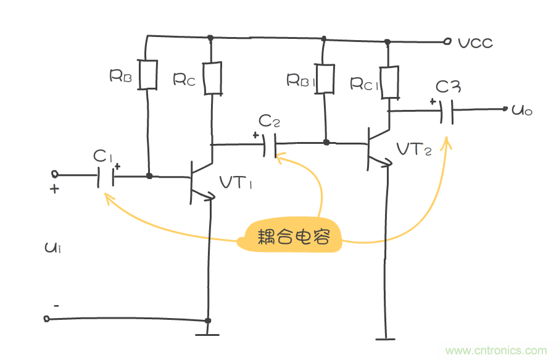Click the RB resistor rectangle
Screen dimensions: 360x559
(148, 74)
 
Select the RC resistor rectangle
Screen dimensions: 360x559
(212, 78)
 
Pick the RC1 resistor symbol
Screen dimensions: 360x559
(389, 83)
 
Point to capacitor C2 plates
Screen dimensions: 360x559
(269, 144)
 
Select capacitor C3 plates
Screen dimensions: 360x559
(447, 111)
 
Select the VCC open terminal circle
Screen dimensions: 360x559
(447, 42)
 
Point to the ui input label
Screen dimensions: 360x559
(52, 248)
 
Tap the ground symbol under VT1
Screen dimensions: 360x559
(208, 334)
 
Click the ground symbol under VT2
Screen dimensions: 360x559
(384, 338)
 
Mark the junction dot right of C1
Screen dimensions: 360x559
(149, 176)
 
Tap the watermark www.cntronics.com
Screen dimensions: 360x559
(495, 350)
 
